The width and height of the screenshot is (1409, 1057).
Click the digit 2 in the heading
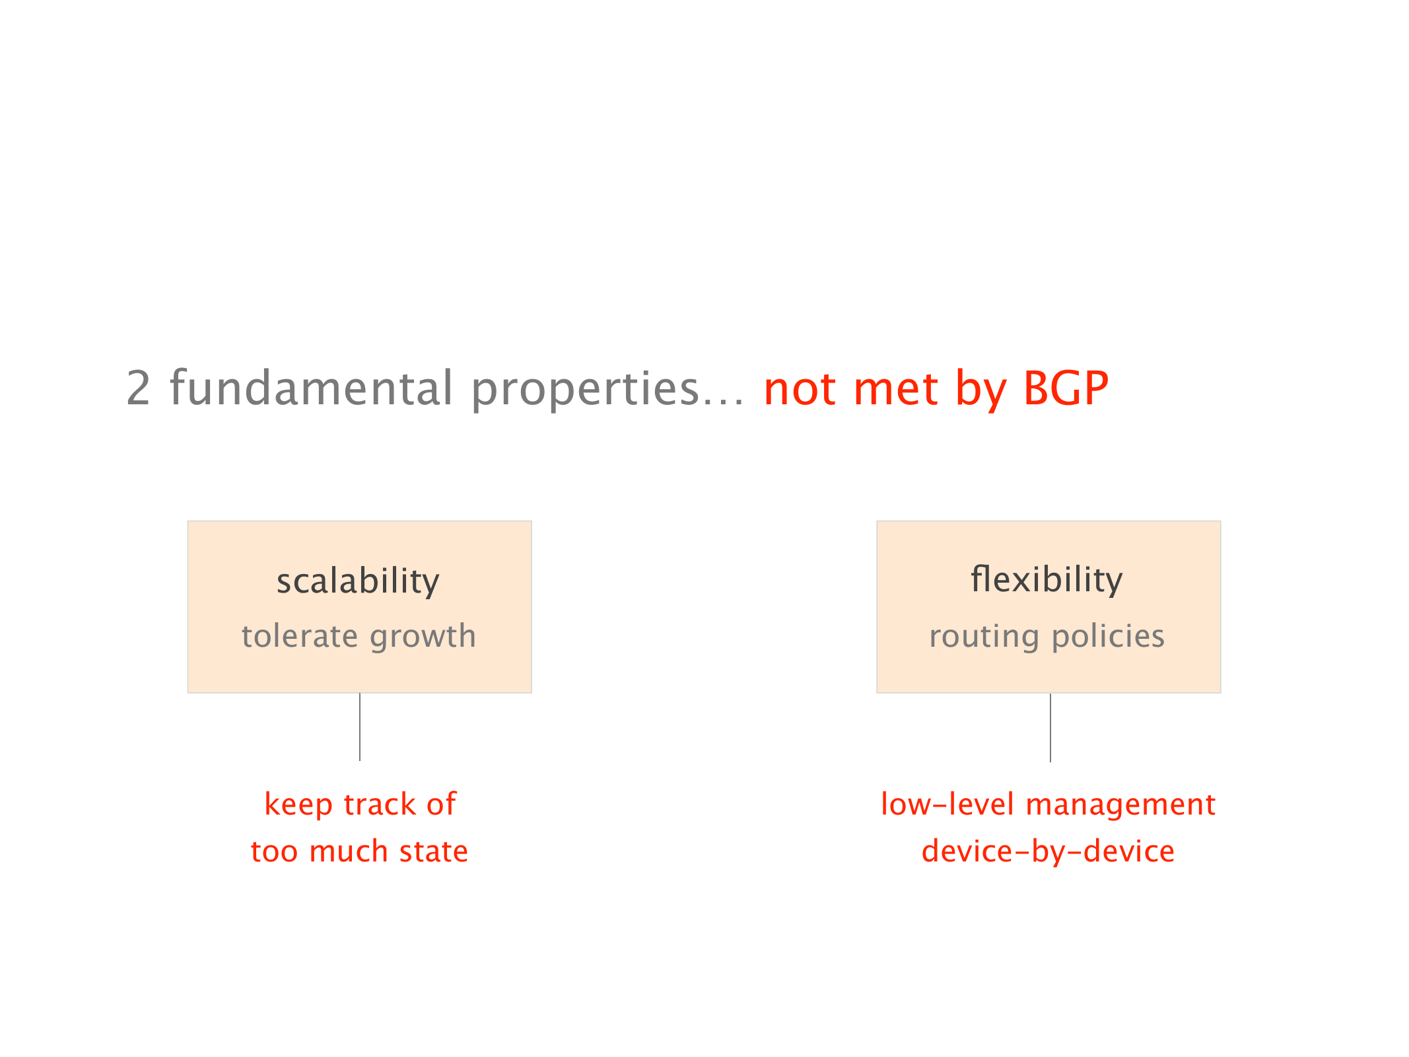point(138,388)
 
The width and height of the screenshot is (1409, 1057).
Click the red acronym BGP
point(1066,388)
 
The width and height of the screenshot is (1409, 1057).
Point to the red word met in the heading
point(895,389)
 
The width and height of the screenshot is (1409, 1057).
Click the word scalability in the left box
point(358,581)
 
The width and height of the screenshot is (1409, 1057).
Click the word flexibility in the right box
point(1047,580)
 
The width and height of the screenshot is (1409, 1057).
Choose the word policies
point(1108,637)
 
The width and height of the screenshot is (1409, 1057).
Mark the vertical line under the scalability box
point(360,727)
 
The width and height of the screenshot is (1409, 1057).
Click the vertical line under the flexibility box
point(1050,727)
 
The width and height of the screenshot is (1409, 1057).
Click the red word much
point(348,851)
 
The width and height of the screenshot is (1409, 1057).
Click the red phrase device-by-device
point(1048,852)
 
